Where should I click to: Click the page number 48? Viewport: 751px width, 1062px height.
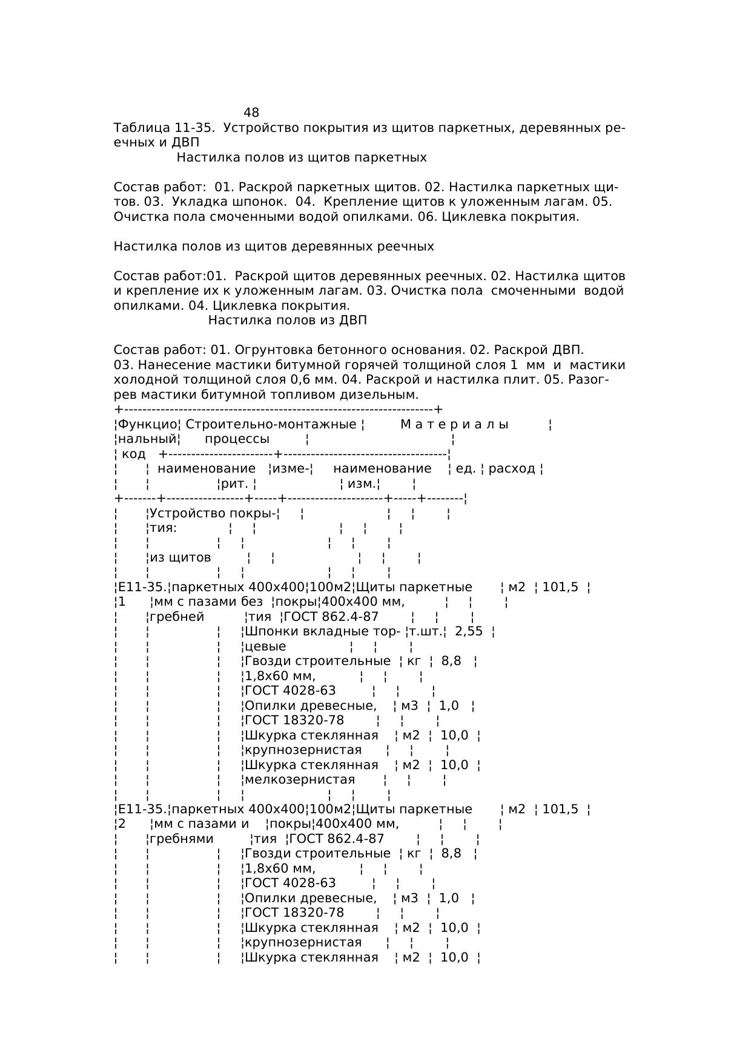click(251, 113)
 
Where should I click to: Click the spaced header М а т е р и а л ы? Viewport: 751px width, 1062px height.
click(454, 425)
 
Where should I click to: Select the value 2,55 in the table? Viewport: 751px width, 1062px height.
click(469, 632)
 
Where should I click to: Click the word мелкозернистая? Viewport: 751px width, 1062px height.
click(300, 780)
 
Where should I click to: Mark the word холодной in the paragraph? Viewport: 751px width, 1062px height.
click(143, 380)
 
